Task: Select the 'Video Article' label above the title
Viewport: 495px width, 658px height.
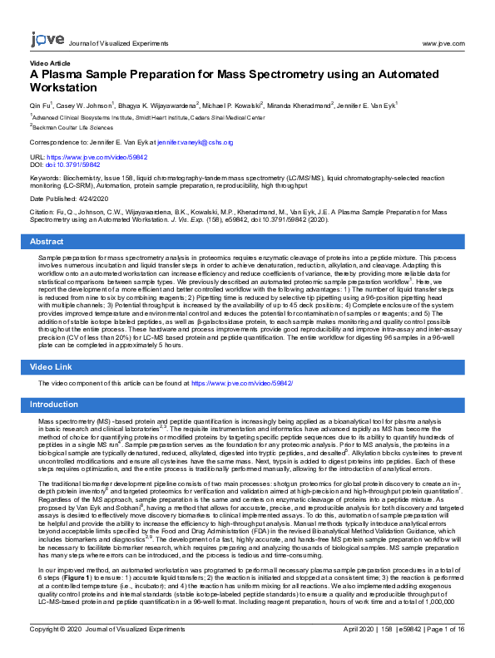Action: (x=50, y=63)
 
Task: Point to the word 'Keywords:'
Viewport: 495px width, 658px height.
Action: (x=45, y=178)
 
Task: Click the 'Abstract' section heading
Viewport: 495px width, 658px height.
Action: (x=47, y=241)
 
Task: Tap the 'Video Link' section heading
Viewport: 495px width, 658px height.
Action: (x=51, y=366)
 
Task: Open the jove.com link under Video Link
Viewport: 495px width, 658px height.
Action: (x=242, y=384)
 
